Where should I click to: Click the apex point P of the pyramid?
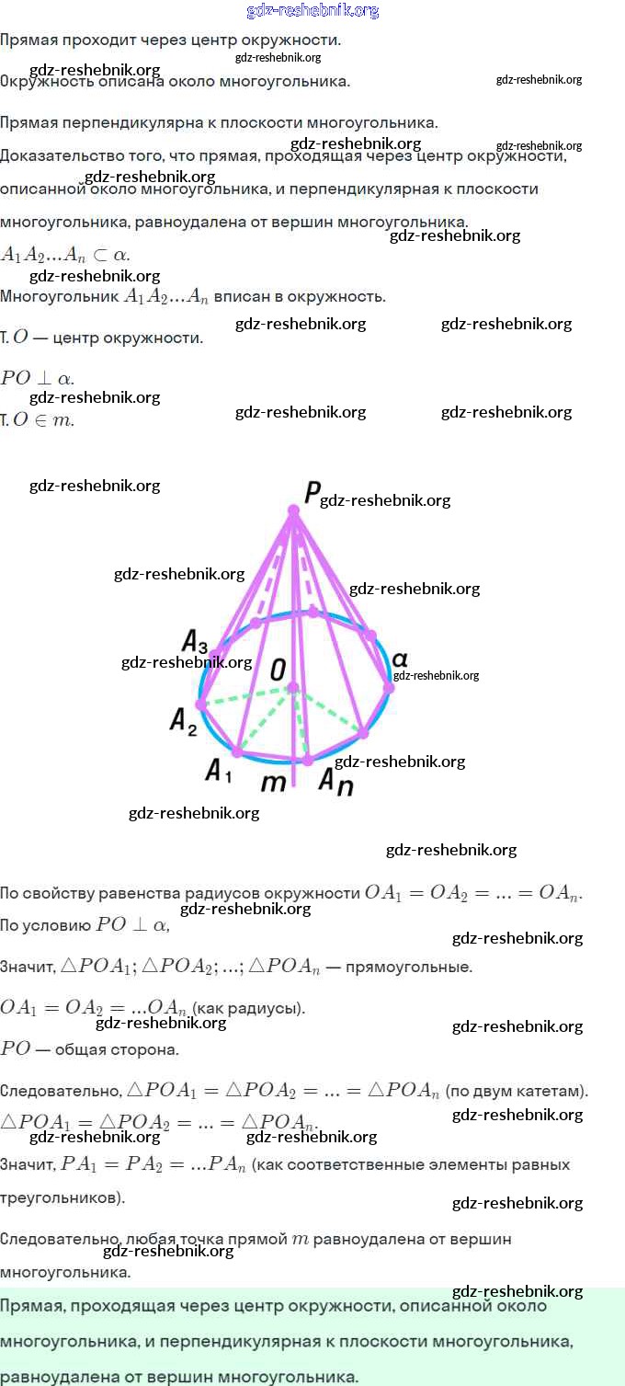[x=293, y=510]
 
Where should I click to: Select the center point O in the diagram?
[x=292, y=687]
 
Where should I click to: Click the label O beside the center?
[x=278, y=670]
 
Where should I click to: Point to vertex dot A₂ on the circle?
[x=201, y=705]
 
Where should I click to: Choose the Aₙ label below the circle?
[x=335, y=781]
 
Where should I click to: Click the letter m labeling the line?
[x=274, y=783]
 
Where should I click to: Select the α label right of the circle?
[x=400, y=659]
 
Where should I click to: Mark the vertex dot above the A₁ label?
[x=237, y=752]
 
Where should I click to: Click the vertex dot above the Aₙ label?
[x=308, y=761]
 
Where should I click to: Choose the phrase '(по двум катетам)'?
[x=516, y=1092]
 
